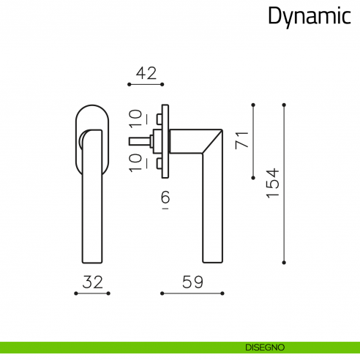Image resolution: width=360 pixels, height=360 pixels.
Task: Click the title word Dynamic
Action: (x=308, y=16)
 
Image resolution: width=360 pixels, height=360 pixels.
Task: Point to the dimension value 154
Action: (x=272, y=183)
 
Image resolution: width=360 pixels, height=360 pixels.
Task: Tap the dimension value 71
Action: (x=241, y=140)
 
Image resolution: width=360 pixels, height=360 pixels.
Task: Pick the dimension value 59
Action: (x=192, y=282)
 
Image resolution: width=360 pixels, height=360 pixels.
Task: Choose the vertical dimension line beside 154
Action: (x=284, y=183)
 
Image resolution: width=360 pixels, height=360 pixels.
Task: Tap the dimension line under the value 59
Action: (x=192, y=293)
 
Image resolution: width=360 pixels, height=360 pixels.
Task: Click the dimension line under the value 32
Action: (x=91, y=293)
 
